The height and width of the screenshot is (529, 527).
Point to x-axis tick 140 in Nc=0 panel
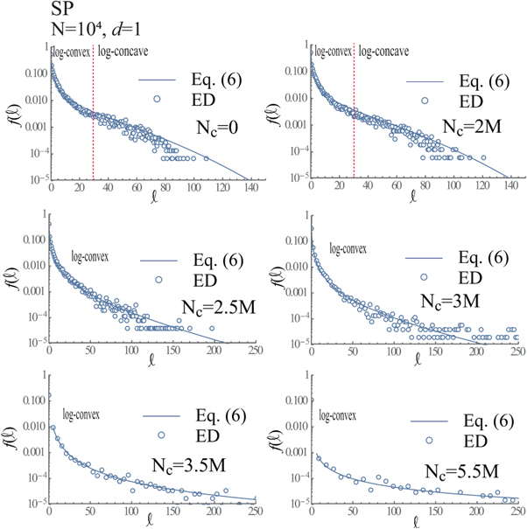point(249,188)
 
